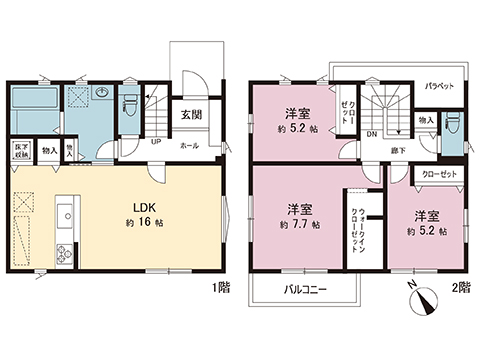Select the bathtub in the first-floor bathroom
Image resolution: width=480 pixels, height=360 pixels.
click(38, 103)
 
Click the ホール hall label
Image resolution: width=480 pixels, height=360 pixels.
click(189, 145)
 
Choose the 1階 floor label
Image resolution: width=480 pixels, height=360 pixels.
click(222, 287)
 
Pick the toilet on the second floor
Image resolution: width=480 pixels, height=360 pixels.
click(455, 124)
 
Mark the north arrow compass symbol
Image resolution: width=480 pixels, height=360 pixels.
click(424, 295)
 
